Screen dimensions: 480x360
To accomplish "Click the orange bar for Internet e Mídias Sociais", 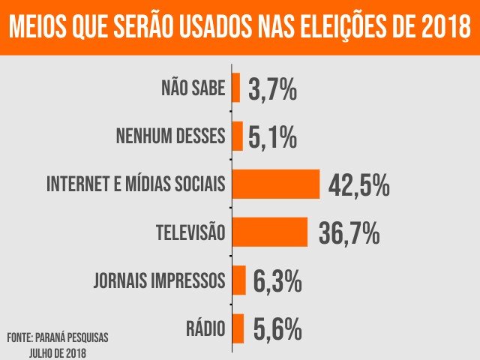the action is coord(276,184).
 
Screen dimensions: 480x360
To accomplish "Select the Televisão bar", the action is coord(270,232).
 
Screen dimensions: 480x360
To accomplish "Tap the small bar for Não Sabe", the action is coord(236,88).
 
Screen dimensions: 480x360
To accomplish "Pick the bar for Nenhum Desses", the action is coord(238,136).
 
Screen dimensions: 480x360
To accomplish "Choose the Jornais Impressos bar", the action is coord(239,280).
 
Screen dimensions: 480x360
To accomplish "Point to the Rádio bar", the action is coord(238,328).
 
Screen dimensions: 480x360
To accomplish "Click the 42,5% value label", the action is coord(359,186).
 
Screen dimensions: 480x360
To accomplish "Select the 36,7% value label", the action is coord(349,233).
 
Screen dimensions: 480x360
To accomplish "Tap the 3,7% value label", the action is coord(272,89).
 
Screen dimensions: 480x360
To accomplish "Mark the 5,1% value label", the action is coord(272,137).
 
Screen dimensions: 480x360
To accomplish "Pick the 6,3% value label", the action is coord(277,282).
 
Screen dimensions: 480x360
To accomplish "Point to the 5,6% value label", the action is coord(277,330).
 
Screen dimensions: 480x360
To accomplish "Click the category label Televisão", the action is coord(190,232).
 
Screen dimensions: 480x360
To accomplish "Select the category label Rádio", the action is coord(205,328).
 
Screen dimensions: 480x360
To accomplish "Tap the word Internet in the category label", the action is coord(79,184).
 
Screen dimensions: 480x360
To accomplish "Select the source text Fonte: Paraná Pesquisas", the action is coord(58,337).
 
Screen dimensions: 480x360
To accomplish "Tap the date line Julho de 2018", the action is coord(58,352).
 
